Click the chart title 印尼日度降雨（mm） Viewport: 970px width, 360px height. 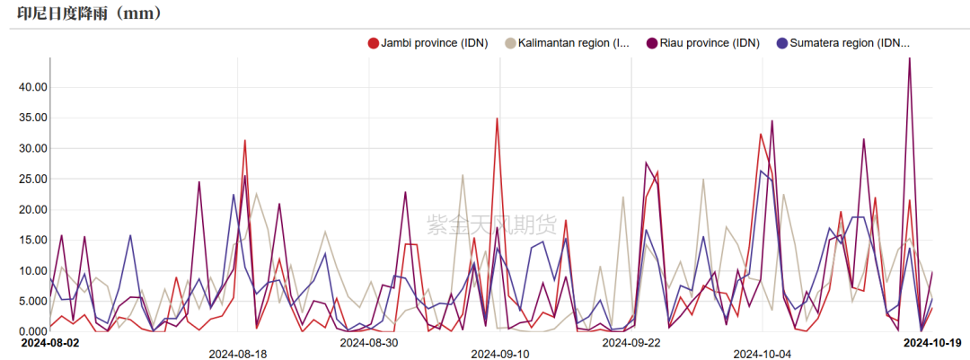90,13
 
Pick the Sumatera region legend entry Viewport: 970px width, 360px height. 850,43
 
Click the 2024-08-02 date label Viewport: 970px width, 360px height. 50,342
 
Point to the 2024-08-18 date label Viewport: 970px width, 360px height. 238,354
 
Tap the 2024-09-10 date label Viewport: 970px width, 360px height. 499,354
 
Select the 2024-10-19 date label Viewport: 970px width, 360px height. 933,342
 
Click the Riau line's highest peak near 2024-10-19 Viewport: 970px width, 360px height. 910,59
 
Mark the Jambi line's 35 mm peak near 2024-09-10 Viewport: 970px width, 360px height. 497,119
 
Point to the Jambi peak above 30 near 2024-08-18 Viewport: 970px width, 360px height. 244,140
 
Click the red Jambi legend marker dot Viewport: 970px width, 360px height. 374,43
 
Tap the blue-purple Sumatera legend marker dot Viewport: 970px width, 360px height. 782,43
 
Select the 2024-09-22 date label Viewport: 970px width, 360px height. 631,342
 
